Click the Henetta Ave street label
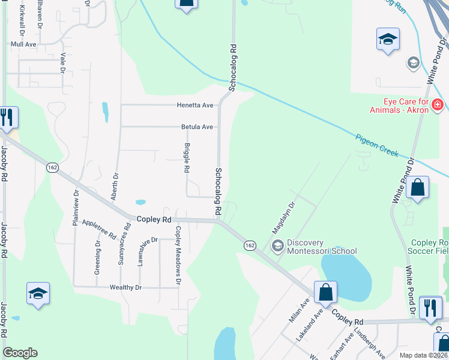(194, 106)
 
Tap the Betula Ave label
(197, 127)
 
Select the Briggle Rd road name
(187, 158)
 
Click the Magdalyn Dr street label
(285, 217)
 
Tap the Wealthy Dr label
(125, 287)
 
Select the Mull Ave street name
(23, 44)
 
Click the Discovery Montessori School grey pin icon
(277, 245)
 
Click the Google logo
(20, 353)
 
